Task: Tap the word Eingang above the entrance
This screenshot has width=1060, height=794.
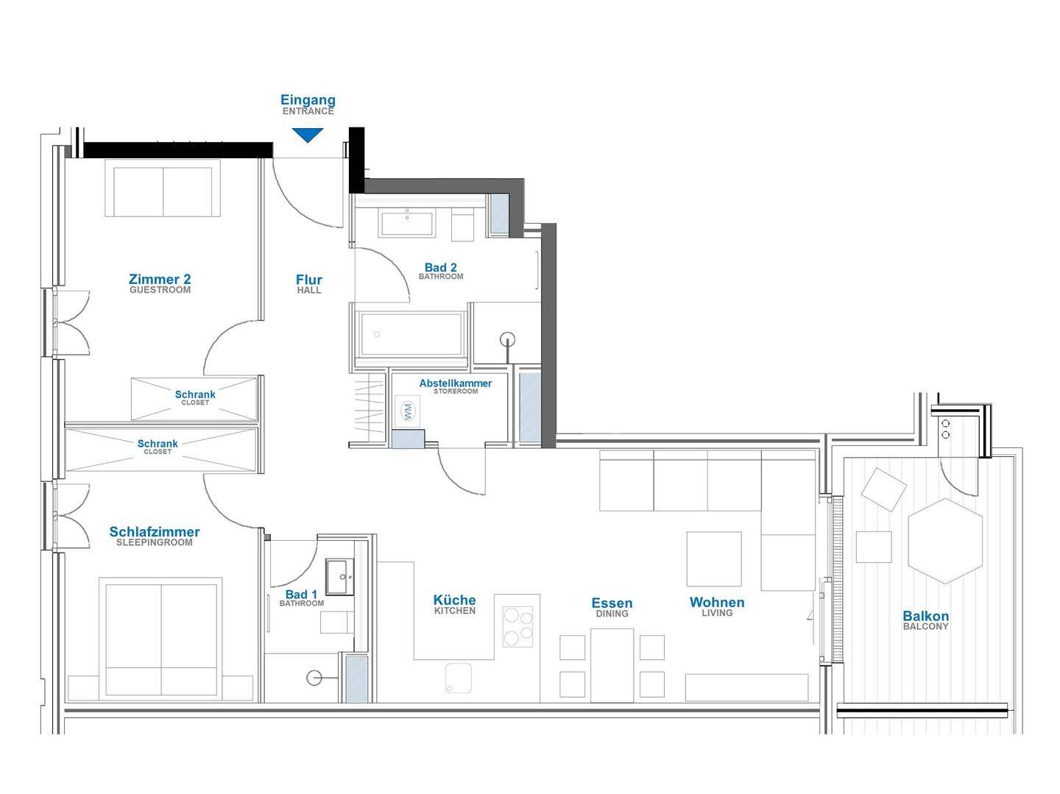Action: (308, 100)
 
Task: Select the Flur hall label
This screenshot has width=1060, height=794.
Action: (309, 280)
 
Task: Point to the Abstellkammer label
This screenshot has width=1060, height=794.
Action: (456, 383)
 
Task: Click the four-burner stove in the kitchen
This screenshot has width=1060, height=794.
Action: (517, 626)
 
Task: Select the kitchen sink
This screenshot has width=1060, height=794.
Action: (459, 678)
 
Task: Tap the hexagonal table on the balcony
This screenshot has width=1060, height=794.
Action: (945, 541)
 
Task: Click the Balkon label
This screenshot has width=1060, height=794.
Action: (926, 616)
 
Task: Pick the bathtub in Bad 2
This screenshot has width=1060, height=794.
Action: (411, 334)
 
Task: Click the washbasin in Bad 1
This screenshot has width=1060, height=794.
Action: (339, 577)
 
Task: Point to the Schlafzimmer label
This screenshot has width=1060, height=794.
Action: (155, 532)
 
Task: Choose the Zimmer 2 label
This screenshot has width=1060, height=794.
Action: (160, 279)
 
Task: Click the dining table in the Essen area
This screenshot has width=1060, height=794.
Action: (612, 665)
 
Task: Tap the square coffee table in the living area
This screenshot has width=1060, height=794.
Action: (714, 559)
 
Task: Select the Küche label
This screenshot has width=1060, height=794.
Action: (454, 600)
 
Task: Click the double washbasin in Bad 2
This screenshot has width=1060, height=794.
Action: (407, 223)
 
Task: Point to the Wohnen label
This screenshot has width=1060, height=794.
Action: (717, 603)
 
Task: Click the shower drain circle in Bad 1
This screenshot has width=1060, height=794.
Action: (314, 678)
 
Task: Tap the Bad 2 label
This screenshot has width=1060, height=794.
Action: (440, 267)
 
